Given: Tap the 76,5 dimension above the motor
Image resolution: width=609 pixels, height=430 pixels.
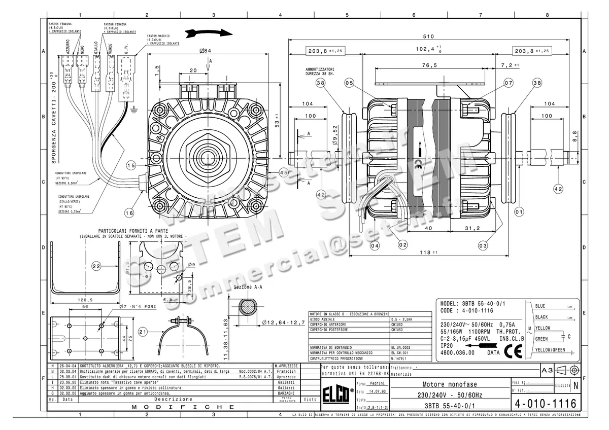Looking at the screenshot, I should click(x=429, y=65).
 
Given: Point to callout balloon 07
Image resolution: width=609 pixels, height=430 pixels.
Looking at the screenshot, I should click(x=494, y=83).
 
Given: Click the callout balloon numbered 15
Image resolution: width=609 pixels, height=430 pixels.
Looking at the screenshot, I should click(x=131, y=165).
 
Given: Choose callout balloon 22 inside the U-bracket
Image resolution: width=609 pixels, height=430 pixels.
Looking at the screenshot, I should click(x=96, y=266).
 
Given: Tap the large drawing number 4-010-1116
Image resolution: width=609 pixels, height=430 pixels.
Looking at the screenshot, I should click(x=545, y=404).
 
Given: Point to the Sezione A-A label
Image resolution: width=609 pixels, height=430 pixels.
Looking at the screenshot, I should click(x=248, y=288).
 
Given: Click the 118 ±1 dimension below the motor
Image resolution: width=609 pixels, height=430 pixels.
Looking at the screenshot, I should click(x=429, y=252).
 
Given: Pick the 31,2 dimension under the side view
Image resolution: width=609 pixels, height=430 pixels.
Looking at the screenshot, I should click(x=472, y=229).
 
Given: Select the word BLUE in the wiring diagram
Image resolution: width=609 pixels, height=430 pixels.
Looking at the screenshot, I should click(x=540, y=306).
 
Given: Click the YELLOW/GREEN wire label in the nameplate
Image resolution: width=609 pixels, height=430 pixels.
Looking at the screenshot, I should click(x=550, y=350).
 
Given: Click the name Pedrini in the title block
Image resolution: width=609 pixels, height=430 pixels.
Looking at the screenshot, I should click(x=377, y=384).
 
